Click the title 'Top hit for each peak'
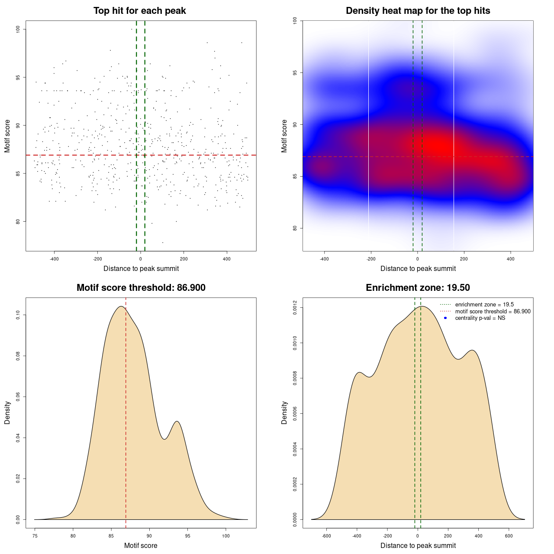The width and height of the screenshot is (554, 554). tap(139, 11)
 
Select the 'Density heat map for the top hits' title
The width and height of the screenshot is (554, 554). tap(418, 11)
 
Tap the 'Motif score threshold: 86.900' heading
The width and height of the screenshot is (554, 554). tap(141, 288)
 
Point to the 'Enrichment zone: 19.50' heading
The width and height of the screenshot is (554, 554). tap(418, 288)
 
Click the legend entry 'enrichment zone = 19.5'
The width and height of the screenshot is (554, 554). tap(484, 305)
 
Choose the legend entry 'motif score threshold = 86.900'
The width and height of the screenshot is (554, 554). tap(493, 312)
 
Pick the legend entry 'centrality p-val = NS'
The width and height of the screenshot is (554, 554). tap(480, 318)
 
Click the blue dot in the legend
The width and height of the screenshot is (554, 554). tap(445, 318)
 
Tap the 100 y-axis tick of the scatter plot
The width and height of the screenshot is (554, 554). tap(18, 29)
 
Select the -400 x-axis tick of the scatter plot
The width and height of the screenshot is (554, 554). tap(54, 259)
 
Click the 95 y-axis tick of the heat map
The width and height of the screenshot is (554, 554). tap(295, 72)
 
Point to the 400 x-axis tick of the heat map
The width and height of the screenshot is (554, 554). tap(511, 259)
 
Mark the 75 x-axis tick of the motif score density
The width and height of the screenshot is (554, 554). tap(35, 536)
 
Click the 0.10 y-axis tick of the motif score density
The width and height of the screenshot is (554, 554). tap(18, 316)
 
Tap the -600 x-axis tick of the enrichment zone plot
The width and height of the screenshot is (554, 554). tap(326, 536)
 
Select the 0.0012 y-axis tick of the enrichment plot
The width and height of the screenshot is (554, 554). tap(295, 308)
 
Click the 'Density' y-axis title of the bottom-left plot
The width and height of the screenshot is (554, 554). tap(7, 412)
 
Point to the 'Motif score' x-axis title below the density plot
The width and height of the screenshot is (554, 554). tap(141, 545)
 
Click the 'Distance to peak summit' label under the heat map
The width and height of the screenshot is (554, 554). tap(418, 268)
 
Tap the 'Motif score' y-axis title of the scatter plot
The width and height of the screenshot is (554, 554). tap(7, 136)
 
